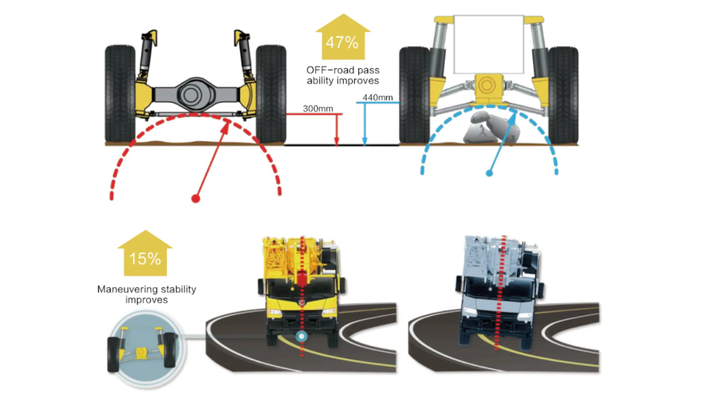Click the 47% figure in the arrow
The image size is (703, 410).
coord(342,43)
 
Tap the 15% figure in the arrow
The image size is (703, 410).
coord(145,259)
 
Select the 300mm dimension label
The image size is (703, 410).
coord(318,109)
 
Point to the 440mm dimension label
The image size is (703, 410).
coord(377,98)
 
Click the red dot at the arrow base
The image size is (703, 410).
coord(195,199)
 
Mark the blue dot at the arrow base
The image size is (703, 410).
coord(489,173)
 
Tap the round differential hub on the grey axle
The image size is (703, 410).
coord(191,95)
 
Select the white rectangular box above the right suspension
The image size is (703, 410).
coord(489,44)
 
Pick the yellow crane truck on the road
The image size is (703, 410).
coord(301,291)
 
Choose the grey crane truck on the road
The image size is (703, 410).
coord(498,291)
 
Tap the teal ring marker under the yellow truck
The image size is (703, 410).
coord(302,336)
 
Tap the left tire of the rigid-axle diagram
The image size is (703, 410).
coord(120,94)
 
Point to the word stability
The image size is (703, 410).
coord(178,289)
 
